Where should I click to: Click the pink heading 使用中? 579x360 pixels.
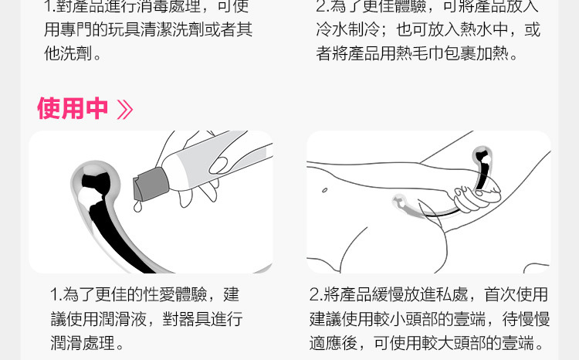click(x=73, y=108)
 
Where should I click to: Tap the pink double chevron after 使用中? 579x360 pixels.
click(x=125, y=109)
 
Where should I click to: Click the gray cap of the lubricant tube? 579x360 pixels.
click(x=151, y=185)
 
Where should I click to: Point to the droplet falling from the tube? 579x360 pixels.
click(x=137, y=206)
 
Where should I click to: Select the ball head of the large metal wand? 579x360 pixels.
click(x=96, y=180)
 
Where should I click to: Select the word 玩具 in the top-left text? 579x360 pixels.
click(x=124, y=29)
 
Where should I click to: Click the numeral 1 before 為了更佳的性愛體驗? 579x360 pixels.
click(x=54, y=295)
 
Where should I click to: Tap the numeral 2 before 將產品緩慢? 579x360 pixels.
click(x=315, y=295)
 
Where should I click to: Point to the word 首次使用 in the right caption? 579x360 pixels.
click(x=516, y=294)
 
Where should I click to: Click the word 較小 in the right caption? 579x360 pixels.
click(x=389, y=319)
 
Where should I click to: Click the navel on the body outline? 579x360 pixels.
click(x=324, y=190)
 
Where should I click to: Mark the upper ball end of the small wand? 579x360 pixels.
click(x=482, y=156)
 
